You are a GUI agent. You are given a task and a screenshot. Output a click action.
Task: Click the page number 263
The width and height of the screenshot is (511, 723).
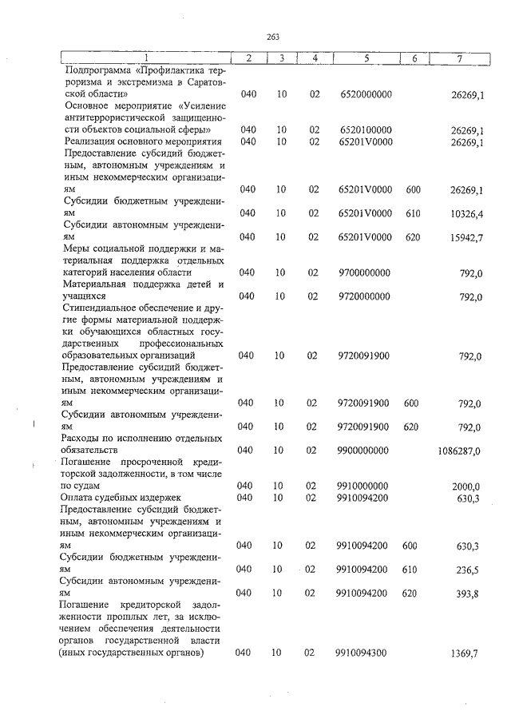[x=273, y=37]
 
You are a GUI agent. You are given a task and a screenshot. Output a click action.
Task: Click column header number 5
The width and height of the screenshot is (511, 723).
[x=366, y=58]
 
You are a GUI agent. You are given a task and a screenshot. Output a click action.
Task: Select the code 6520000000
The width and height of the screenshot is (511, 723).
[x=366, y=94]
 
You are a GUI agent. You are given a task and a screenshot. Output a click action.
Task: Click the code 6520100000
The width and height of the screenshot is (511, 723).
[x=366, y=129]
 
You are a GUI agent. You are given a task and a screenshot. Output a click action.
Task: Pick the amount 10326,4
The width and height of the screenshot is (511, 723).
[x=468, y=213]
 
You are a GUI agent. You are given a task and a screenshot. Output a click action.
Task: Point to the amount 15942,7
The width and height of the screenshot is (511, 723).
[x=468, y=237]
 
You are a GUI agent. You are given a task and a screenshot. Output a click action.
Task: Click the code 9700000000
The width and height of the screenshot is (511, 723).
[x=366, y=273]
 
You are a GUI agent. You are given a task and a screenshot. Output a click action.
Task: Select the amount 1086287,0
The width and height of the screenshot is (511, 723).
[x=459, y=451]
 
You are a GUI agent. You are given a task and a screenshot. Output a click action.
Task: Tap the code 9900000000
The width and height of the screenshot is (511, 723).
[x=366, y=451]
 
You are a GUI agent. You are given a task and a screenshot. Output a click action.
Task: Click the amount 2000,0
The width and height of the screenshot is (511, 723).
[x=466, y=487]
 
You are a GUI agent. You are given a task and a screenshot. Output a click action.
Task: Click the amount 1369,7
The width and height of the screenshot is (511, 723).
[x=468, y=653]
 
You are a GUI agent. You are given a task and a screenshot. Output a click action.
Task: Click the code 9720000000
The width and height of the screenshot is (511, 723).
[x=366, y=296]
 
